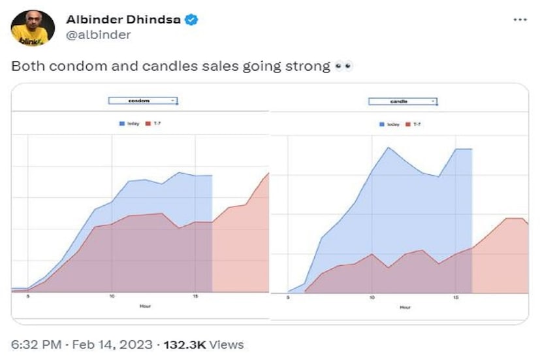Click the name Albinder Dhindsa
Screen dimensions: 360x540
point(121,20)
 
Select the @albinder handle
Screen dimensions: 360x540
point(98,35)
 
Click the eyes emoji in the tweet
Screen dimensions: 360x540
point(343,67)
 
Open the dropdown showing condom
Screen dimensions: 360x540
point(143,101)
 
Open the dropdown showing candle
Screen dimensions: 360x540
point(403,101)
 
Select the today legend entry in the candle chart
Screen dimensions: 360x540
point(390,124)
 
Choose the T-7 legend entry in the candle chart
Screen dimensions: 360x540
point(413,124)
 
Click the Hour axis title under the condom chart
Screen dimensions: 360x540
point(145,305)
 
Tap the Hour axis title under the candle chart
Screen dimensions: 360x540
point(405,307)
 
